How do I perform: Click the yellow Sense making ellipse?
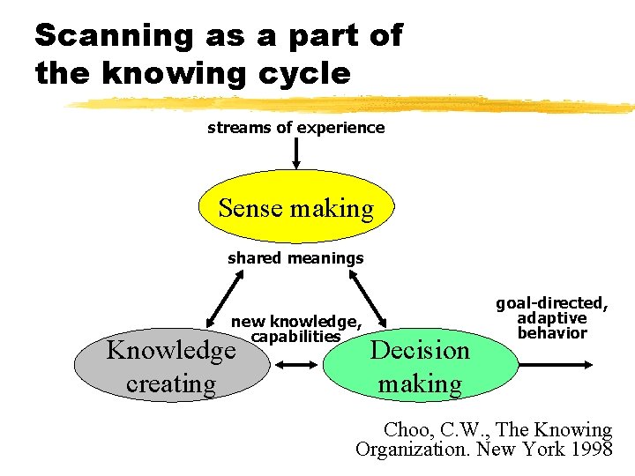tap(295, 208)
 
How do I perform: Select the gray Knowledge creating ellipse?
tap(171, 367)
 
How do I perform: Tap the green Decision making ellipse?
tap(420, 367)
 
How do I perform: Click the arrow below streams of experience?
tap(296, 152)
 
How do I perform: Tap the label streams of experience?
tap(295, 127)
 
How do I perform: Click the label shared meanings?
tap(295, 258)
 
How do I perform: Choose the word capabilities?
tap(295, 336)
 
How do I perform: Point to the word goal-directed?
tap(551, 303)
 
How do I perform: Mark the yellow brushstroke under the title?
tap(353, 104)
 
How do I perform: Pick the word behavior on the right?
tap(552, 333)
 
